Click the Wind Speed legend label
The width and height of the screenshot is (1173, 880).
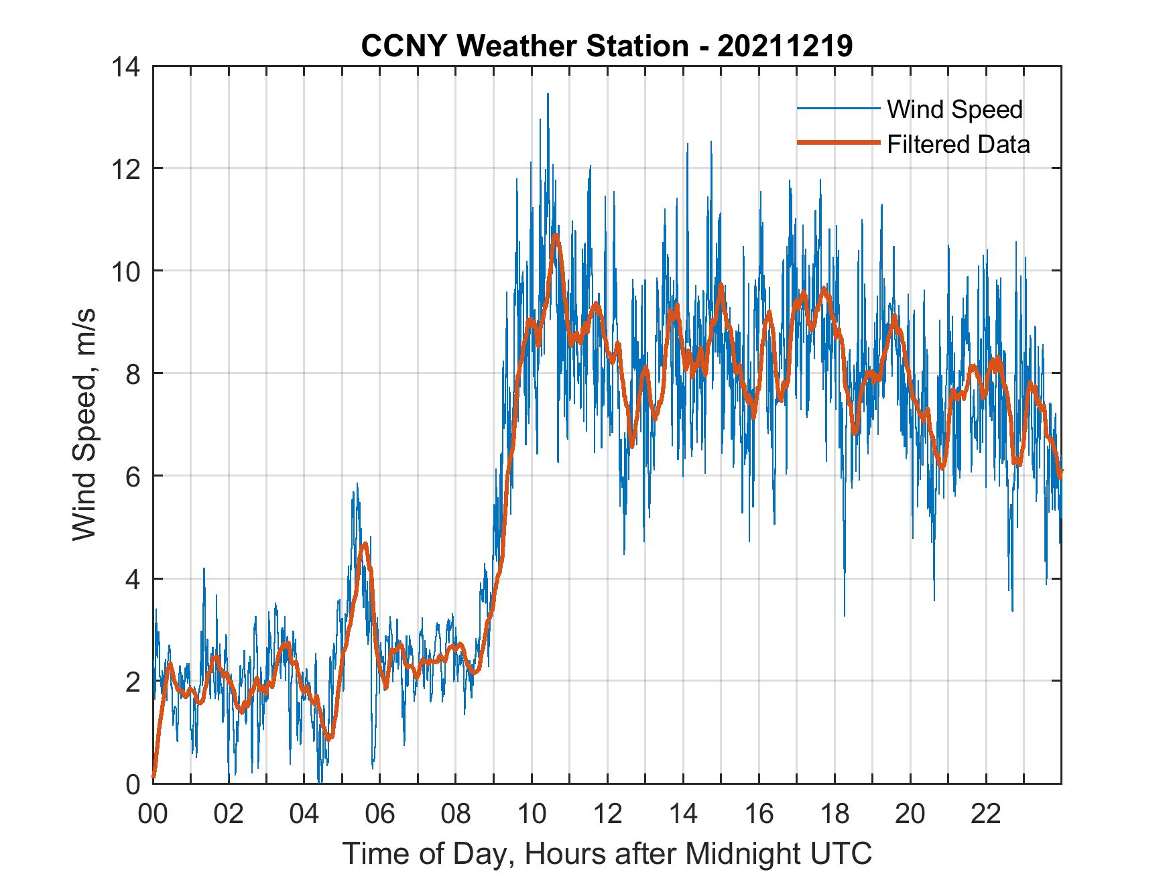click(954, 109)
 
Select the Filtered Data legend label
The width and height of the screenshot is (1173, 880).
click(958, 144)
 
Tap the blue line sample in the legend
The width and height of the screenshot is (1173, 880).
click(837, 109)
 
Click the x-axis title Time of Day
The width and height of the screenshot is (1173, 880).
click(607, 854)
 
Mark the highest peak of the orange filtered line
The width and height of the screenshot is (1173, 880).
click(555, 236)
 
